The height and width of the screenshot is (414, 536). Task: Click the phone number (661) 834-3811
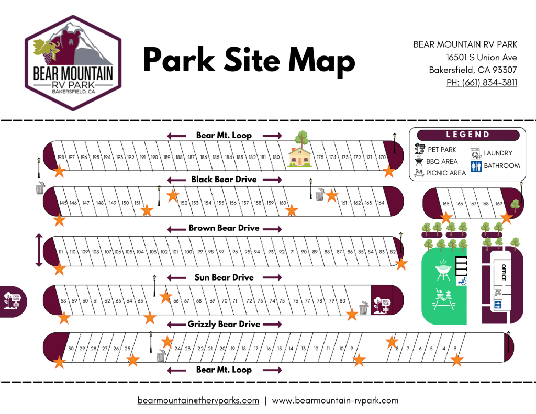(x=482, y=82)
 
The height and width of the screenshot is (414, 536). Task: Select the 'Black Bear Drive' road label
(x=224, y=180)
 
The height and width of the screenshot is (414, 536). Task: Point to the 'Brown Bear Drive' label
(x=224, y=229)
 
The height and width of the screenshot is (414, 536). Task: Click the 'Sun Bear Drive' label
(x=224, y=277)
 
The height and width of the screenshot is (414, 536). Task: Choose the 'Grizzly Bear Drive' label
(x=224, y=325)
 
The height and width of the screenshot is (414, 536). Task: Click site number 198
(x=61, y=158)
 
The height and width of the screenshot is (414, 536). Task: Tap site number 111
(x=61, y=252)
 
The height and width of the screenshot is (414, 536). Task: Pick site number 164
(x=381, y=203)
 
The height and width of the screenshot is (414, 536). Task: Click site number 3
(x=455, y=349)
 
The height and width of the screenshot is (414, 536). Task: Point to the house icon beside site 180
(x=300, y=155)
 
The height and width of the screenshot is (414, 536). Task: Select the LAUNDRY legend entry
(x=497, y=153)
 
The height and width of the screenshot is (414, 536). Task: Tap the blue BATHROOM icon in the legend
(x=476, y=166)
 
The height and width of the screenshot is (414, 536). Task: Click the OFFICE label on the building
(x=504, y=272)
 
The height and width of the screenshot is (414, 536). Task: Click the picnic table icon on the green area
(x=442, y=299)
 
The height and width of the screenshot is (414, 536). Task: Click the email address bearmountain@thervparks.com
(x=198, y=400)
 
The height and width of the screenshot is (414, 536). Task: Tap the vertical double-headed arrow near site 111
(x=38, y=251)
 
